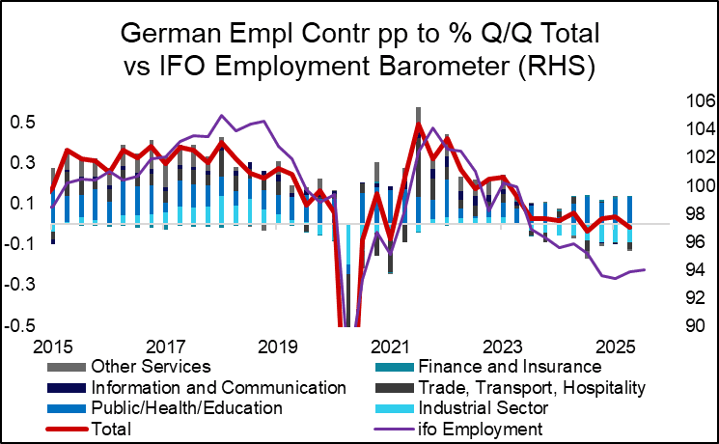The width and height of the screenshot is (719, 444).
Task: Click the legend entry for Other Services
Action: click(150, 367)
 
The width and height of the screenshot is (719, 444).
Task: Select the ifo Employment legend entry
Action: click(498, 428)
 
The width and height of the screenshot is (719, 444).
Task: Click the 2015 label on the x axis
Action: click(53, 345)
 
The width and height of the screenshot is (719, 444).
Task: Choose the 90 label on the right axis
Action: click(694, 325)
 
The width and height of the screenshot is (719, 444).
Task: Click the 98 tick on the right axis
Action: click(694, 213)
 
